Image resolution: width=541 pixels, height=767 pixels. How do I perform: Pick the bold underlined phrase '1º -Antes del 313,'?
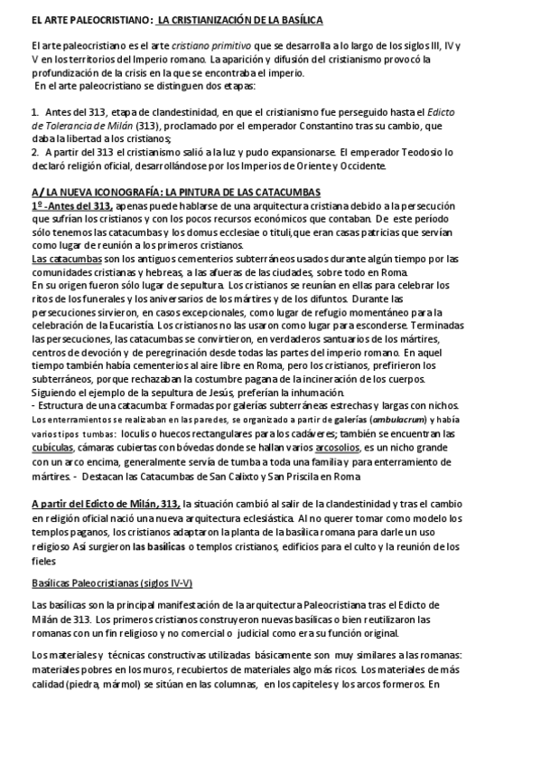pyautogui.click(x=75, y=205)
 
